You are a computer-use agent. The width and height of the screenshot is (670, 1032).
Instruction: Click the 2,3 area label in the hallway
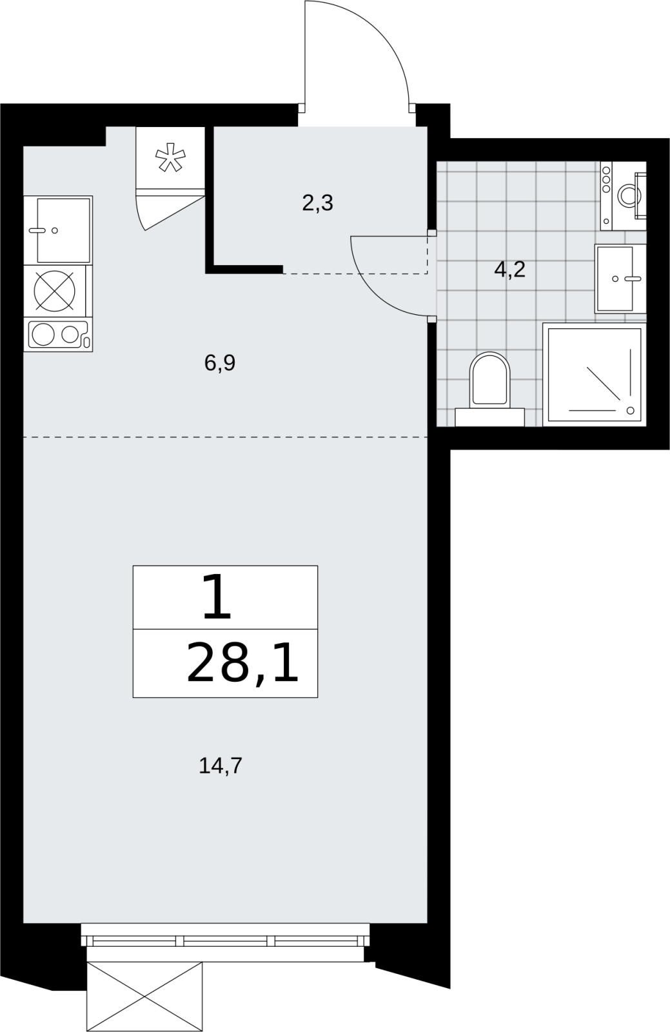click(317, 203)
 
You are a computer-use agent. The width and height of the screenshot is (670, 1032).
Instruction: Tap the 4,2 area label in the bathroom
click(509, 270)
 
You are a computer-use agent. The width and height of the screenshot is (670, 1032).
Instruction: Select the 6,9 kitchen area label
click(220, 363)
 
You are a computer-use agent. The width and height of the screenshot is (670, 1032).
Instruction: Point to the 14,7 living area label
click(220, 766)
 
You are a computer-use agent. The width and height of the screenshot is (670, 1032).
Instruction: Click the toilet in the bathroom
click(489, 389)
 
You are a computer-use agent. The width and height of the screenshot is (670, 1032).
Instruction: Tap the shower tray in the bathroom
click(595, 375)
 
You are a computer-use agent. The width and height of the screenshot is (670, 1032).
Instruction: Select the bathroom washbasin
click(620, 278)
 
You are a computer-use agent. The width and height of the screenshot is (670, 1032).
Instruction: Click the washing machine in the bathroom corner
click(624, 195)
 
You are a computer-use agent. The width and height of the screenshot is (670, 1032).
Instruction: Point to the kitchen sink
click(59, 230)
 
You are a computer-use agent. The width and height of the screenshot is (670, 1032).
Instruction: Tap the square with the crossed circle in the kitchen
click(55, 291)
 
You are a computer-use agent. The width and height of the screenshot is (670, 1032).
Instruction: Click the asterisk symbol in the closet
click(170, 157)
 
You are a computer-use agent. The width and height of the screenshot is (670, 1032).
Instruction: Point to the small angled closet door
click(170, 213)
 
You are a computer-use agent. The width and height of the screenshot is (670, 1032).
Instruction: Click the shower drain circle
click(631, 410)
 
